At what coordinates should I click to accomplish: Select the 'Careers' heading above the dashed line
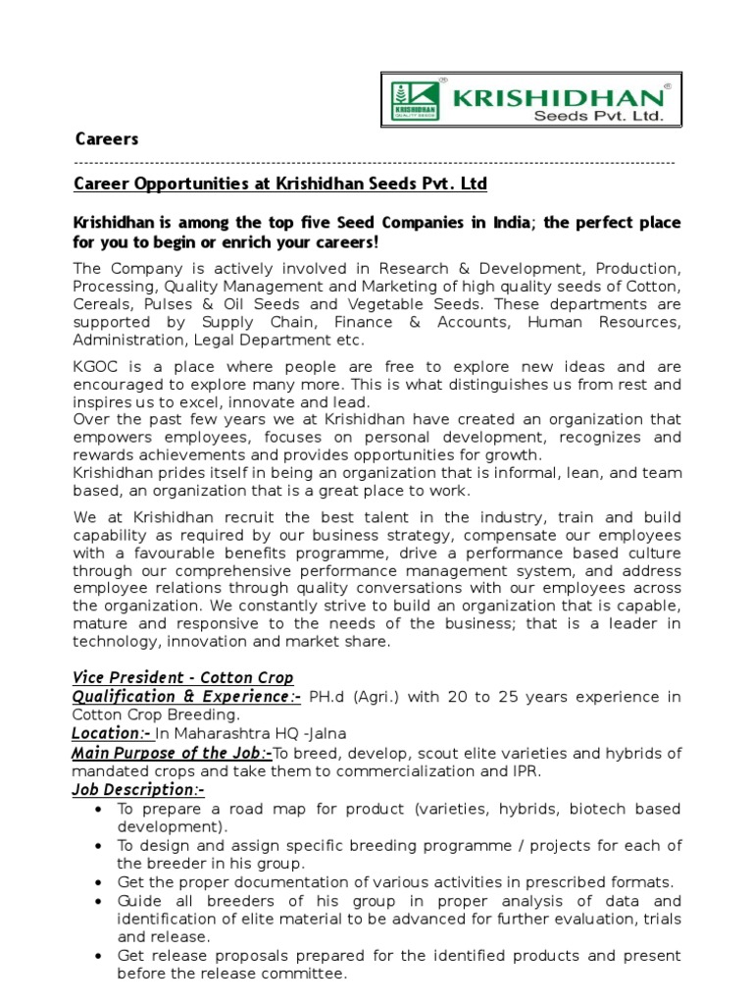click(x=107, y=139)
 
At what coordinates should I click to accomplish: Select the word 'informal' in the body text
click(x=560, y=473)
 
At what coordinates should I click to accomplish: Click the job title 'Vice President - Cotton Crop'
click(x=182, y=678)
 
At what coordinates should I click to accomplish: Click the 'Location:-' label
click(x=111, y=734)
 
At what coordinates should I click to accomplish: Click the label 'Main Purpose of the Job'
click(x=172, y=753)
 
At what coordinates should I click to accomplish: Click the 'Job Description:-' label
click(x=138, y=790)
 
